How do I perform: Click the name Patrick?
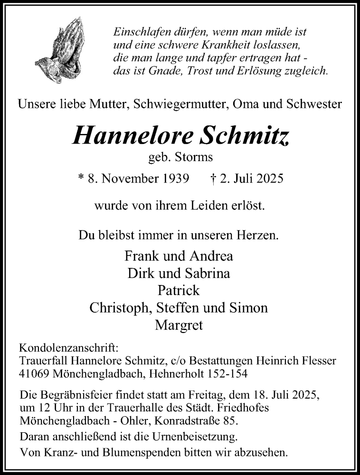[x=179, y=290]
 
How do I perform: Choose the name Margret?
[x=179, y=325]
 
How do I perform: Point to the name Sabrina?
[x=207, y=273]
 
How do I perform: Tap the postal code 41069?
[x=34, y=373]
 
